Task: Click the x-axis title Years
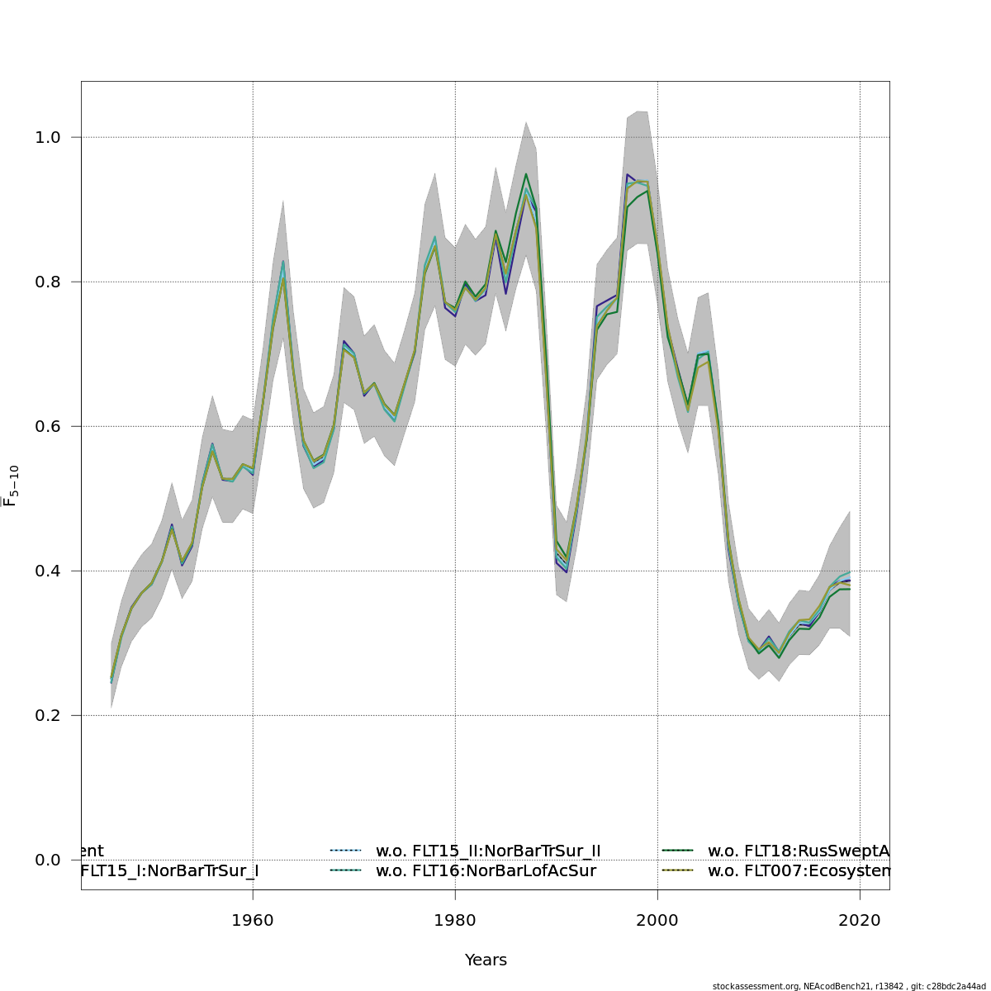coord(486,960)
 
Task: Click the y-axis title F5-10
coord(12,486)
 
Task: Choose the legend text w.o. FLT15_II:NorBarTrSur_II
coord(488,851)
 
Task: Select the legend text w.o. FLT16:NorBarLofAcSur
coord(486,871)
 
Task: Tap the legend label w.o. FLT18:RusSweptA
coord(799,851)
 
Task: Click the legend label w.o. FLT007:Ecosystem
coord(799,871)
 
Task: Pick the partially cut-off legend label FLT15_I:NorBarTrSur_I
coord(169,871)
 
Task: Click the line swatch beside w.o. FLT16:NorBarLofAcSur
coord(346,870)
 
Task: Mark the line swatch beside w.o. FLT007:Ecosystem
coord(678,870)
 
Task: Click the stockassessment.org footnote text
coord(848,986)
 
